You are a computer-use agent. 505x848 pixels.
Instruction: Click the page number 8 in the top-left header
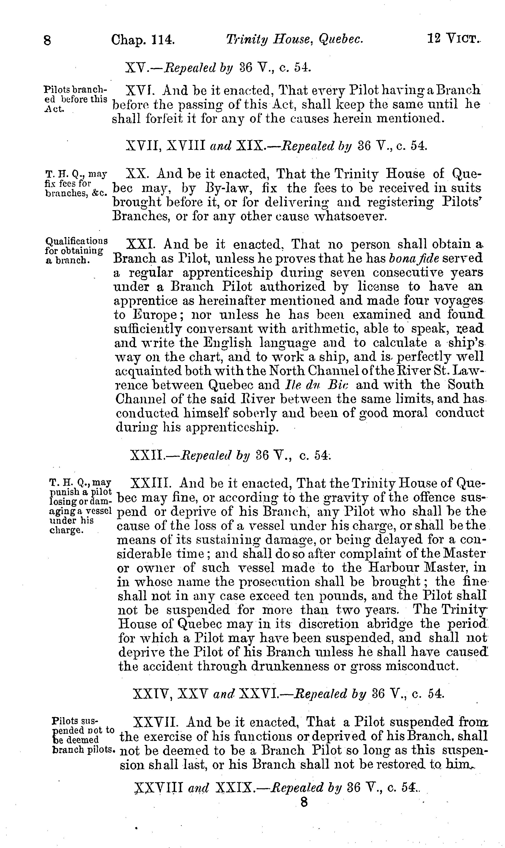pyautogui.click(x=47, y=41)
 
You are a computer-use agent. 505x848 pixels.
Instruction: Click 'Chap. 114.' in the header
pyautogui.click(x=143, y=40)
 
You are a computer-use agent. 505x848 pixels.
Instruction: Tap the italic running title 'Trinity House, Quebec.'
pyautogui.click(x=295, y=40)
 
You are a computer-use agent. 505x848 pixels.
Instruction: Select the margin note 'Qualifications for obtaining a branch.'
pyautogui.click(x=76, y=251)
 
